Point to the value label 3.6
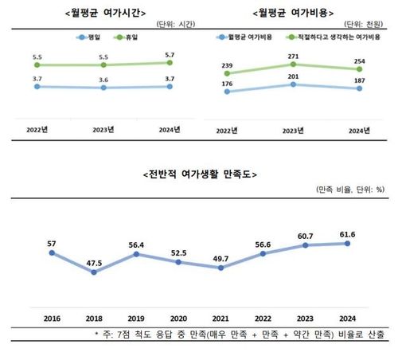click(x=102, y=80)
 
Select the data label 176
click(x=229, y=83)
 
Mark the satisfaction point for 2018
click(x=94, y=272)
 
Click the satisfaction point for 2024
click(x=347, y=244)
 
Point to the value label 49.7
click(x=221, y=259)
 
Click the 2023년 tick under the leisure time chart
click(x=102, y=127)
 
